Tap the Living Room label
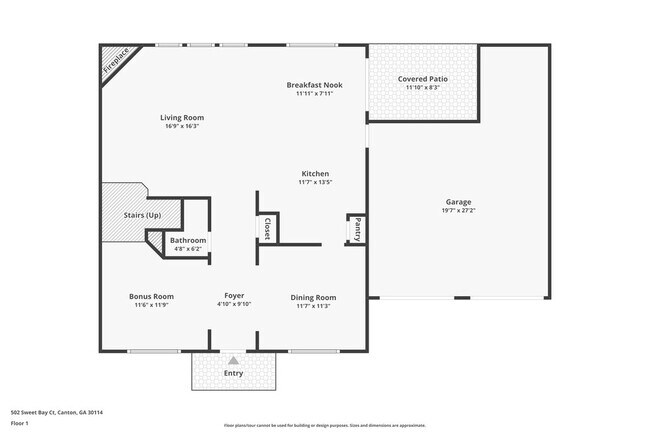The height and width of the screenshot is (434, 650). [x=181, y=118]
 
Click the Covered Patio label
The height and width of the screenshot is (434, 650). [x=422, y=78]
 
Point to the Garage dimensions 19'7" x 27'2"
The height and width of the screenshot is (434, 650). [x=458, y=211]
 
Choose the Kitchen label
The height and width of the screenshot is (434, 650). [x=314, y=173]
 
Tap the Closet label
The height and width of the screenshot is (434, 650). [x=267, y=229]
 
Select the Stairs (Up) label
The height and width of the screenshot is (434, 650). [x=142, y=215]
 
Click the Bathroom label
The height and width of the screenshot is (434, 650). [x=188, y=240]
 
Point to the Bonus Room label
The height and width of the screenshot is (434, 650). [x=151, y=296]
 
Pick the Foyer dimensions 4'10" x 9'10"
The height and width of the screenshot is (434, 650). [x=234, y=304]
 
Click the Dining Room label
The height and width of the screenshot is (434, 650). [x=313, y=297]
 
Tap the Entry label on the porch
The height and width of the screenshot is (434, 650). [x=233, y=373]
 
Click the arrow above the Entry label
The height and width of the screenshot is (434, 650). [x=233, y=359]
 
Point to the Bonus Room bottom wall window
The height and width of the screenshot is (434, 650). [x=154, y=350]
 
